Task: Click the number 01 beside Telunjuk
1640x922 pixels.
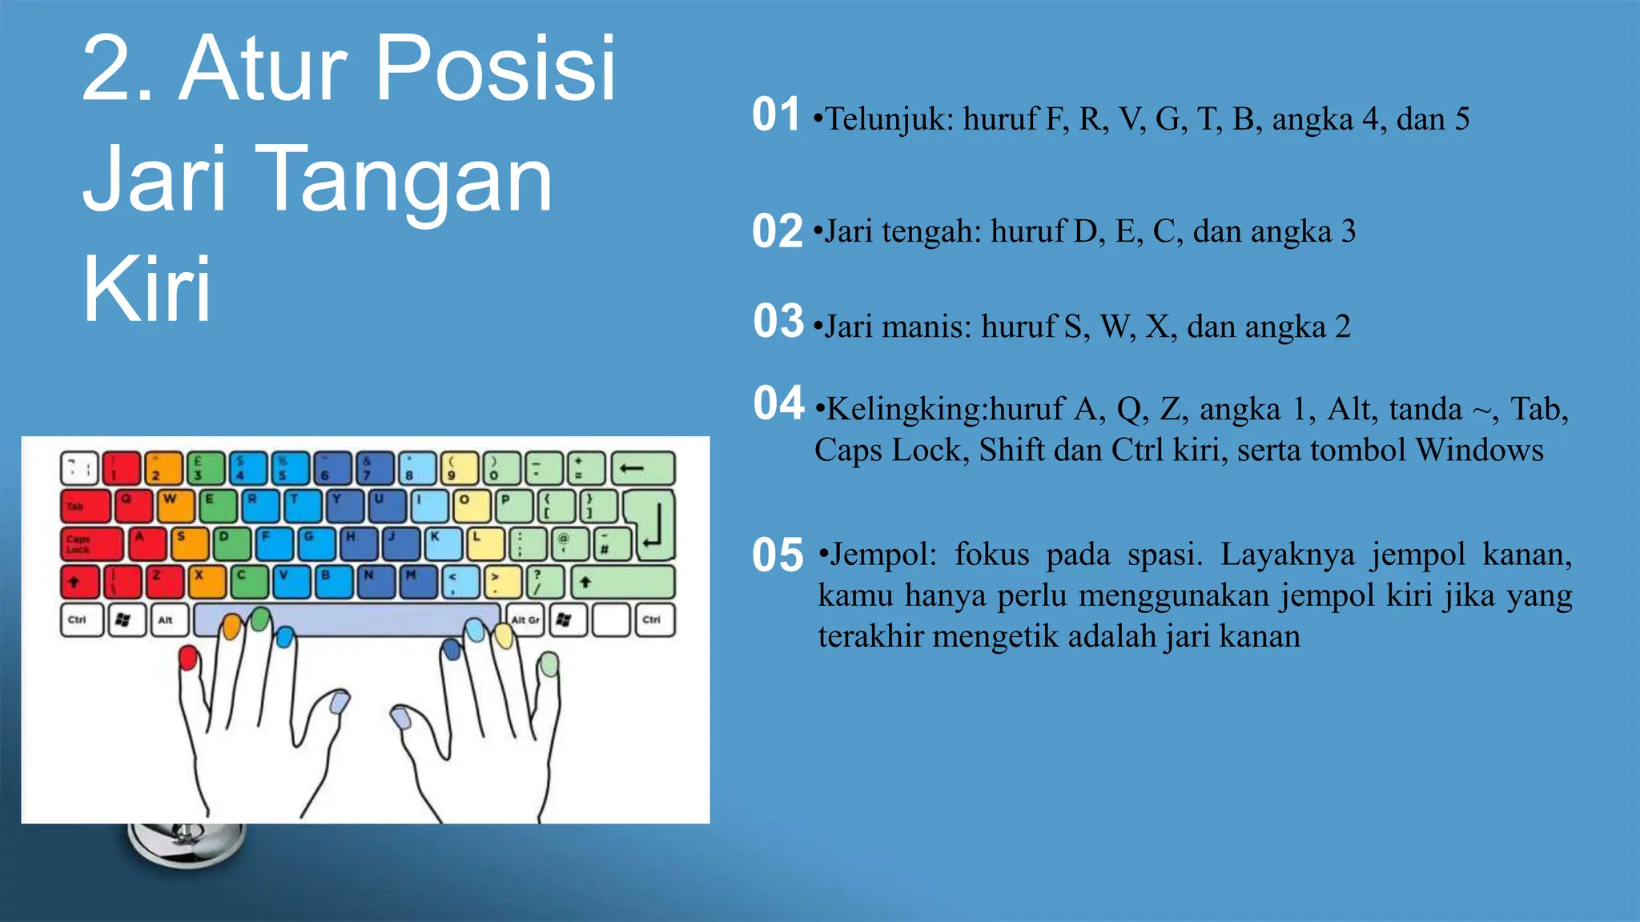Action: pos(775,114)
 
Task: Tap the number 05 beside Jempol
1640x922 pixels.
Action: pos(777,555)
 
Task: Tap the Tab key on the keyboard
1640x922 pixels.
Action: pos(85,507)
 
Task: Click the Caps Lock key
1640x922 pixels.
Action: pos(91,544)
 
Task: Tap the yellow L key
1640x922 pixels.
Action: pos(484,544)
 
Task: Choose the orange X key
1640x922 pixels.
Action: pos(207,582)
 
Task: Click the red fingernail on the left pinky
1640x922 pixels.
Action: pos(188,658)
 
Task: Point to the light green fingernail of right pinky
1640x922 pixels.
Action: pos(549,664)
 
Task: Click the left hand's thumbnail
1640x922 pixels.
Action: pos(340,703)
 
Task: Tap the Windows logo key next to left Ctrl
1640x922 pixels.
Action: pos(124,619)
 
